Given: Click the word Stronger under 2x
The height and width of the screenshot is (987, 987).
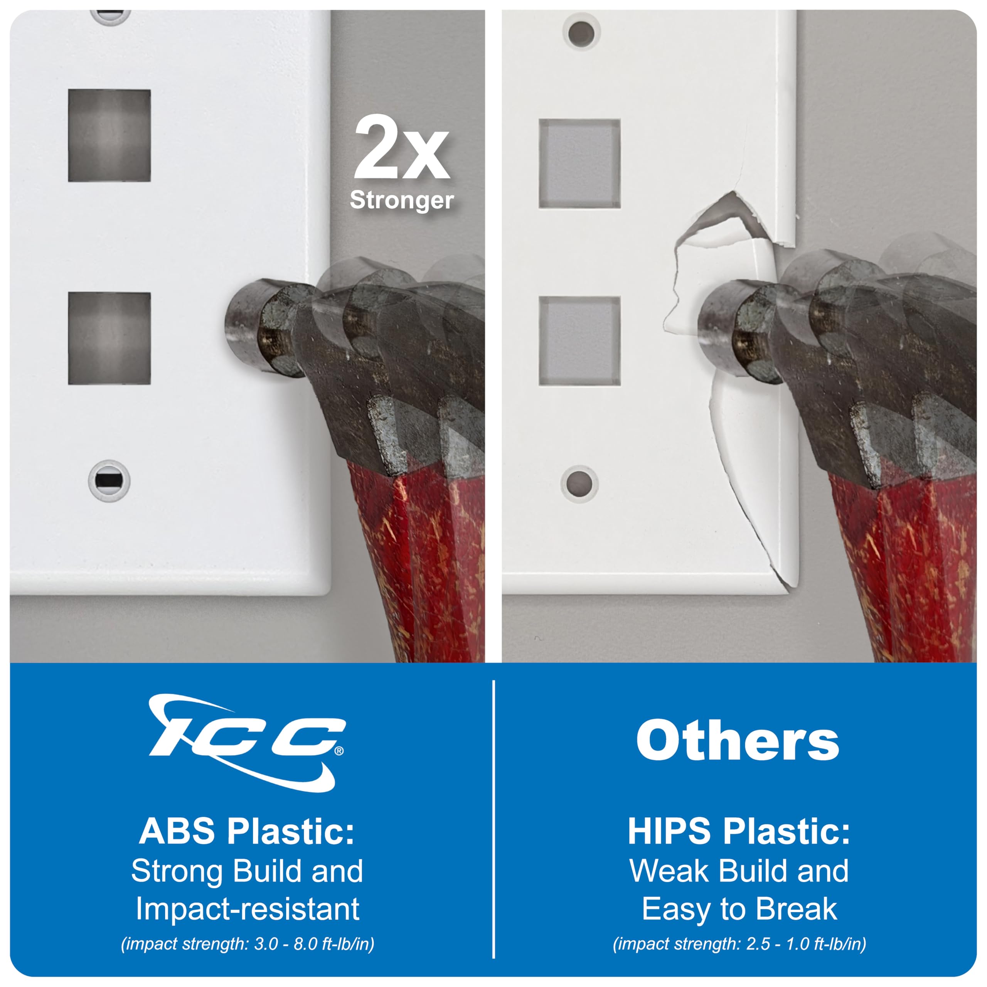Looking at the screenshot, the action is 401,200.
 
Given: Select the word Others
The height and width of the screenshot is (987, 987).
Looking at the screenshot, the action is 738,740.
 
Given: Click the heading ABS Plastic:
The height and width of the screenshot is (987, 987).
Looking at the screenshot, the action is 247,831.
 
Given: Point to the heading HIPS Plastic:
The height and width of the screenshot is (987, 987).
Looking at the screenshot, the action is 739,831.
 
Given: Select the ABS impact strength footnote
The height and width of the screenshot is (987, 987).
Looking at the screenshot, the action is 247,943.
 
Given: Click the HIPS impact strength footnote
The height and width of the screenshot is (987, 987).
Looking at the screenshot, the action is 739,943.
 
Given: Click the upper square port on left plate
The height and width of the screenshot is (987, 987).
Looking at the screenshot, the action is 109,135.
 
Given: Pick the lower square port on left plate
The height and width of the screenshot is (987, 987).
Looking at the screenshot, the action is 109,338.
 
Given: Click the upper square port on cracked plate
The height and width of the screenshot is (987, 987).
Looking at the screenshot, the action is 580,163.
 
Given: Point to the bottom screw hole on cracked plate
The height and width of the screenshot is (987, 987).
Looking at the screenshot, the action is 579,483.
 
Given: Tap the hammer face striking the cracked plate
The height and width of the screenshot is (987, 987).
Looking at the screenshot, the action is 715,332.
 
